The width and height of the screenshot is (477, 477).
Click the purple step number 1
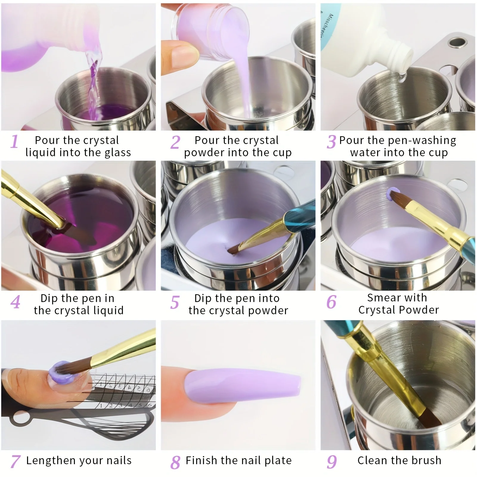(x=14, y=142)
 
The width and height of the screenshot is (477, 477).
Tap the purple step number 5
(x=175, y=302)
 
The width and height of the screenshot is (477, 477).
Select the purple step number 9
(x=332, y=462)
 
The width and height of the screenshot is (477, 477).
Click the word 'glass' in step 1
(x=118, y=153)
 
